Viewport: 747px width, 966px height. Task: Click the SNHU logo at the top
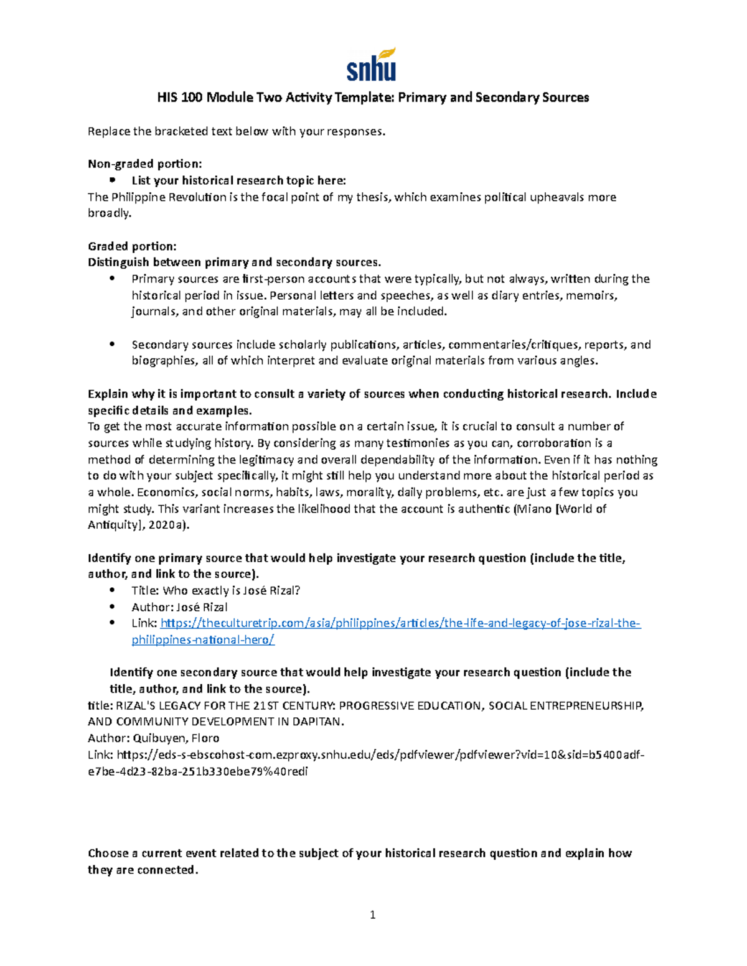(x=371, y=65)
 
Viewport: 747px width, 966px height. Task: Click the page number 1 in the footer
(x=373, y=914)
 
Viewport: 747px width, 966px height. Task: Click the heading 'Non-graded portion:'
(x=145, y=164)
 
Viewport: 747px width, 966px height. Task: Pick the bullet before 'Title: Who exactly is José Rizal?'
(x=112, y=590)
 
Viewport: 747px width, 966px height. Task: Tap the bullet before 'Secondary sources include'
(x=112, y=345)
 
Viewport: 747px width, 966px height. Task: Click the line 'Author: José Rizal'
(x=179, y=607)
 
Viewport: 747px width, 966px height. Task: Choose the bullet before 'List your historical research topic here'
(x=112, y=180)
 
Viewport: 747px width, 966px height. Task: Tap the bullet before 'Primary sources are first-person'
(x=112, y=279)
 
